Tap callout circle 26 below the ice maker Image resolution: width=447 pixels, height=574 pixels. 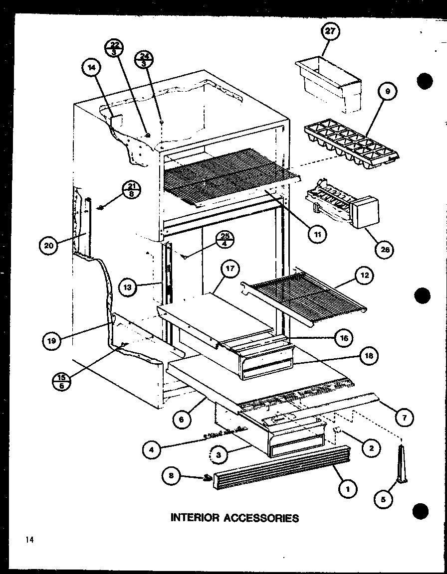(x=385, y=249)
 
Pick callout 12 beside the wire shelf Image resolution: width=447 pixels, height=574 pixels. (x=365, y=275)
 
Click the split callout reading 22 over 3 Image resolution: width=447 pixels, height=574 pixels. (x=114, y=48)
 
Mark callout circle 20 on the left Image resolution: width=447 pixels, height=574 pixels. (x=49, y=245)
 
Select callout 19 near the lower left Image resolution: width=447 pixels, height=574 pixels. (x=52, y=341)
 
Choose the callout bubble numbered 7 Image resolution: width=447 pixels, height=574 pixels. (x=404, y=418)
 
